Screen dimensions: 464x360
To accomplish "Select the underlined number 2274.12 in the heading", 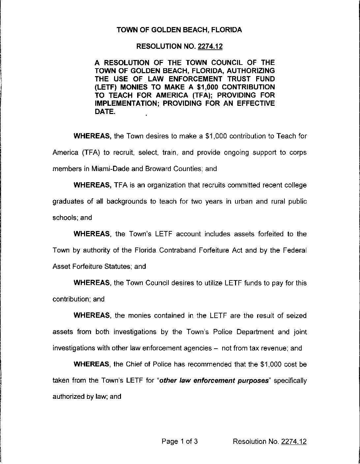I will [x=210, y=47].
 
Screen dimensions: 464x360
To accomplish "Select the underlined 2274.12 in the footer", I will [x=294, y=441].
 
